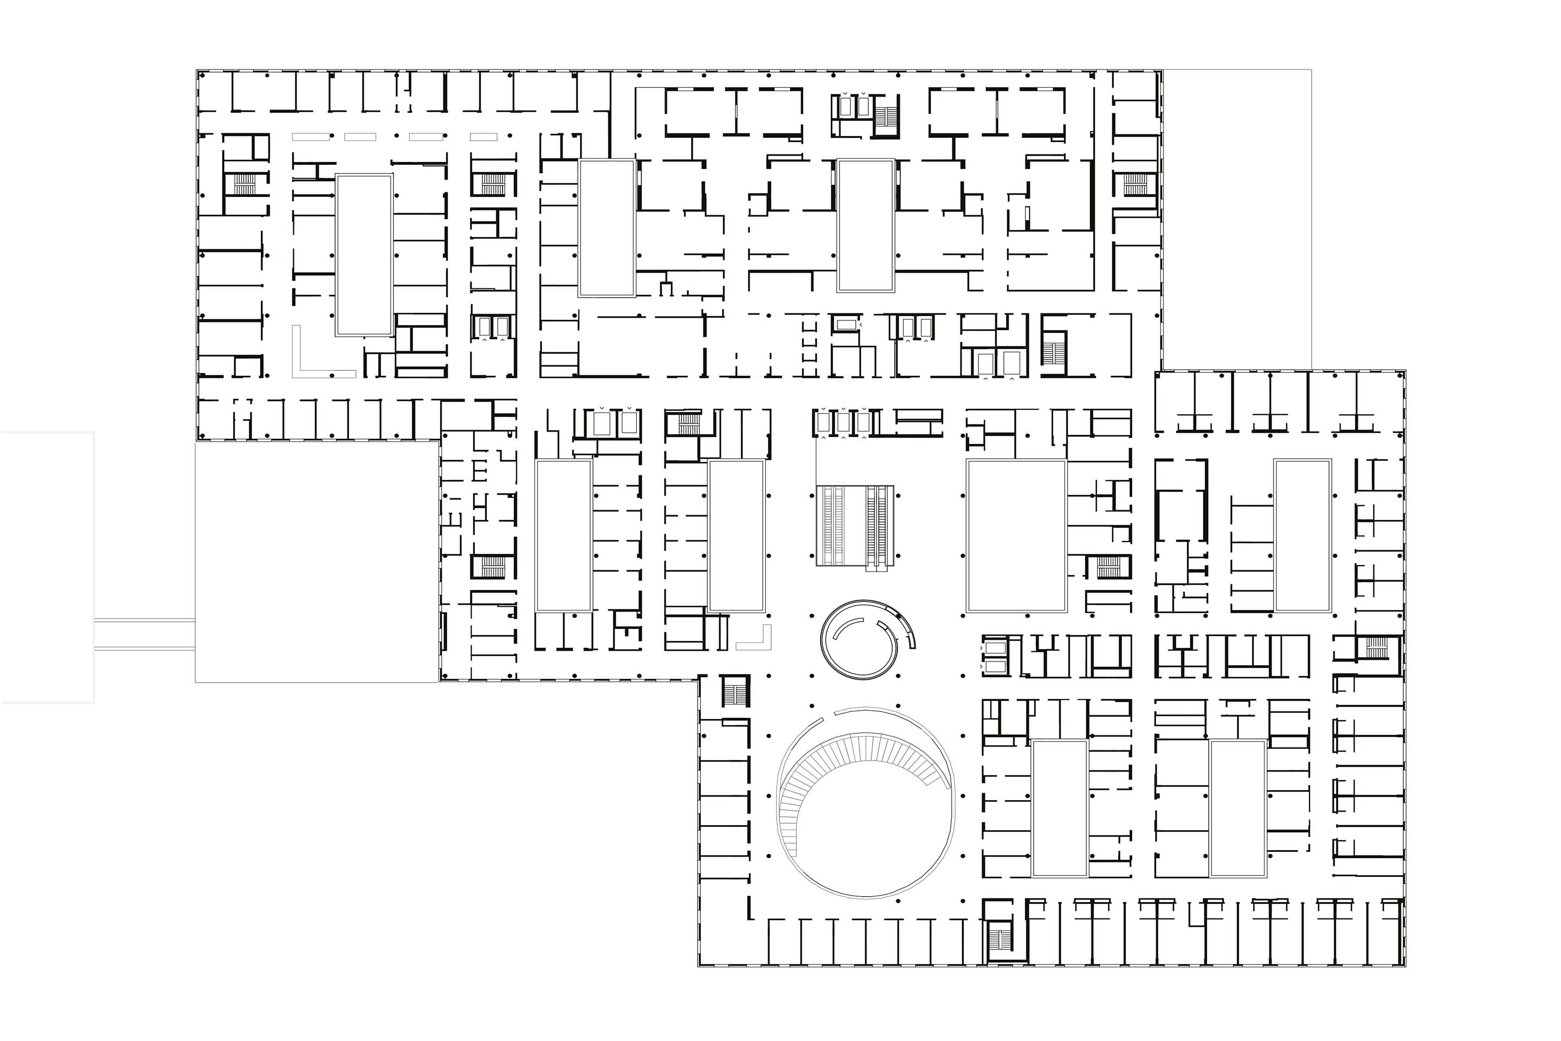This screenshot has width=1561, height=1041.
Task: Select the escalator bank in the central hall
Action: (855, 525)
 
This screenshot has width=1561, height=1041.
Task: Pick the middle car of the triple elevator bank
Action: (843, 422)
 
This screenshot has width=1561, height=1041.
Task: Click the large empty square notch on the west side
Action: (317, 562)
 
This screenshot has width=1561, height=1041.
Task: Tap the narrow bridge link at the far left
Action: (145, 634)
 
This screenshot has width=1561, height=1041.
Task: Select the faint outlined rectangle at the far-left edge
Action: (47, 567)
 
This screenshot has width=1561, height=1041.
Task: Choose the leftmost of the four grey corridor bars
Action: (311, 137)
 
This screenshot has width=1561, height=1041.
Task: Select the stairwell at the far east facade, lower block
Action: (1375, 647)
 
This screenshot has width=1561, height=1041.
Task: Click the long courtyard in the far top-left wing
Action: (364, 254)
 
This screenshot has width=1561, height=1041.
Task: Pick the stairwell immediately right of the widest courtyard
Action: (1108, 566)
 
